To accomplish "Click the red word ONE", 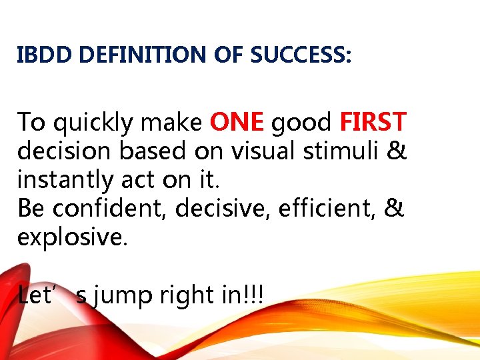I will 237,122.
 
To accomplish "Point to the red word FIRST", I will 373,122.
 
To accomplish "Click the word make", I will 174,122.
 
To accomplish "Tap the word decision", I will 65,151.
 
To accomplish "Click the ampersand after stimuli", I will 397,151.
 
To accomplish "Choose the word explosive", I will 70,238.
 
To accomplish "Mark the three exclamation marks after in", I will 254,294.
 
